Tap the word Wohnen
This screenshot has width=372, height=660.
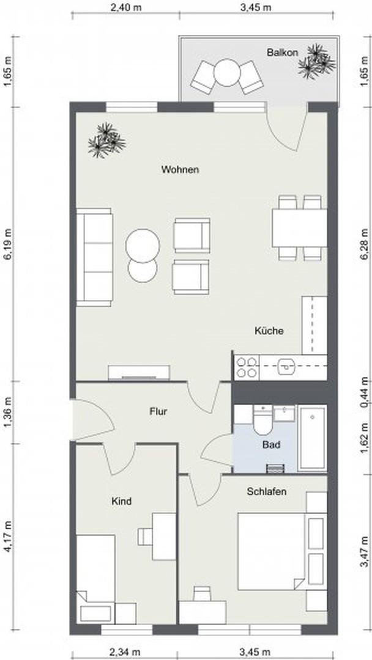point(180,170)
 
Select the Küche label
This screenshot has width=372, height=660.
point(269,331)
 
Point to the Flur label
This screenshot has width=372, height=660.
point(158,411)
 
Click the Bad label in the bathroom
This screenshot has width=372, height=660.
point(271,444)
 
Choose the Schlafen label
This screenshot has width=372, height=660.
point(267,491)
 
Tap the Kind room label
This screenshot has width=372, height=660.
point(121,501)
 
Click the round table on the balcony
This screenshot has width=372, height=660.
point(227,72)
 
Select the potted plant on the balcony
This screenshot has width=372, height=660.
point(317,61)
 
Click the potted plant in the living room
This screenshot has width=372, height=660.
point(106,141)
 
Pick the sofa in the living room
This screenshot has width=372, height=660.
point(94,257)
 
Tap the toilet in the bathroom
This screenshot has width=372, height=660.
point(264,420)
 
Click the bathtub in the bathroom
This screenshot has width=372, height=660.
point(312,438)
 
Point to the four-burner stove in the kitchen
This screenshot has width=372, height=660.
point(247,367)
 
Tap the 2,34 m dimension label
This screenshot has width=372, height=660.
point(125,652)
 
